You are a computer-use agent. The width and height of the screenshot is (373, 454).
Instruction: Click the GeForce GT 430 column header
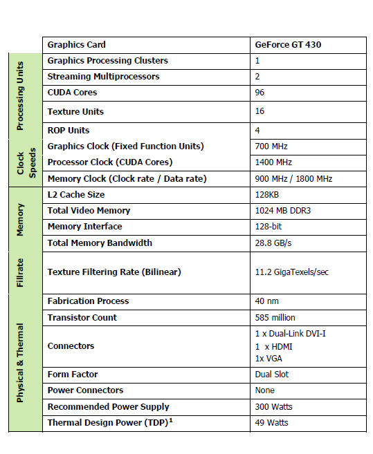[x=288, y=45]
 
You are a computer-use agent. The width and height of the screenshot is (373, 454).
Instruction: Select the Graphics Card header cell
[x=77, y=45]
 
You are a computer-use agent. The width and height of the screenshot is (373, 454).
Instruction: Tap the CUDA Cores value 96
[x=260, y=93]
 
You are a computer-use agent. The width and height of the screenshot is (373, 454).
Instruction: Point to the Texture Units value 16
[x=260, y=111]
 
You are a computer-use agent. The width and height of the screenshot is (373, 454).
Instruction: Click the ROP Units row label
[x=69, y=130]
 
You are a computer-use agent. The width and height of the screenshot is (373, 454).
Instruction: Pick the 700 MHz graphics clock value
[x=271, y=146]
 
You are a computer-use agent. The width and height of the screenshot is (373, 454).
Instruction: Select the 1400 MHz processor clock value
[x=273, y=162]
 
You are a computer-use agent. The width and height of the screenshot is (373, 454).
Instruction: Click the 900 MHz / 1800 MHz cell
[x=293, y=179]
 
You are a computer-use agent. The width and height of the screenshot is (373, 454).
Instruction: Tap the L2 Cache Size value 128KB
[x=267, y=195]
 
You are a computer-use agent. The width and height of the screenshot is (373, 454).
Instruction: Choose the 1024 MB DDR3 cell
[x=283, y=211]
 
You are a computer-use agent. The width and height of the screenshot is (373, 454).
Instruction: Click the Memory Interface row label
[x=84, y=227]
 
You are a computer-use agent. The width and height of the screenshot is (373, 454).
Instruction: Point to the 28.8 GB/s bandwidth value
[x=273, y=243]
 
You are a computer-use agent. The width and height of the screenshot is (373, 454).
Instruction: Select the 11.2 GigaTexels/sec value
[x=291, y=272]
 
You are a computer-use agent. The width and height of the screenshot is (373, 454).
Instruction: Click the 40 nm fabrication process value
[x=266, y=301]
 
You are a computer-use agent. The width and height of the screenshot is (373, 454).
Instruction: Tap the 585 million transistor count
[x=275, y=318]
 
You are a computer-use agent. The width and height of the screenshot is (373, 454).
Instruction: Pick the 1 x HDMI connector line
[x=275, y=346]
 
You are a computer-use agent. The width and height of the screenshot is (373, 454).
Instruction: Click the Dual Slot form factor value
[x=272, y=375]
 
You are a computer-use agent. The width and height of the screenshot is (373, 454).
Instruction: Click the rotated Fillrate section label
[x=20, y=272]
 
